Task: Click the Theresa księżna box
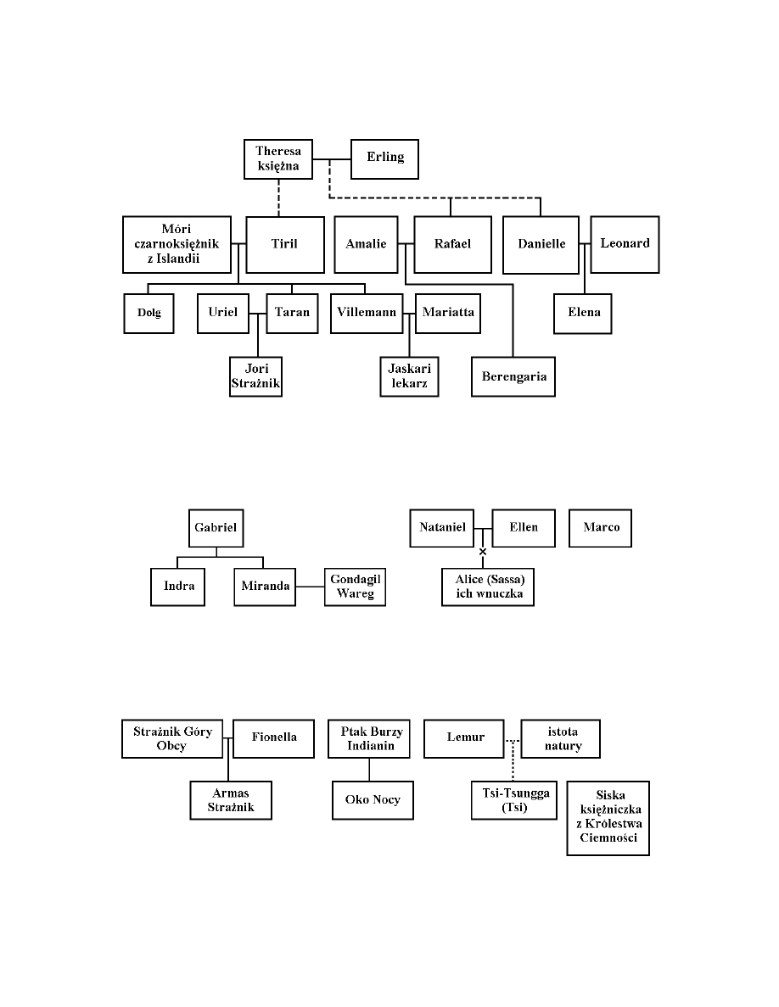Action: click(277, 159)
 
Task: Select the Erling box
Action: click(384, 159)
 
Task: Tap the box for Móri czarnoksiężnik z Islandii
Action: click(177, 244)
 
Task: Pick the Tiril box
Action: click(285, 245)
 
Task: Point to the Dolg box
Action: click(149, 313)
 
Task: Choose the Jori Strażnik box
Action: click(256, 376)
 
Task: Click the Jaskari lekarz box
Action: click(409, 376)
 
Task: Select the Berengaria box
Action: click(513, 376)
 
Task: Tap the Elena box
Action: click(583, 313)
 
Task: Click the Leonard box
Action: click(625, 243)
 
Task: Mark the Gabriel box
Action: click(216, 528)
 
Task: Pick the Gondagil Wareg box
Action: click(356, 587)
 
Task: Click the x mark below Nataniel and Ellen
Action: click(483, 552)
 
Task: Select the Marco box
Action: click(601, 528)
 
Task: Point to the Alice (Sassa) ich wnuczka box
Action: click(488, 587)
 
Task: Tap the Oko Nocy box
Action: click(373, 800)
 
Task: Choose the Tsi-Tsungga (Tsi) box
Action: click(511, 799)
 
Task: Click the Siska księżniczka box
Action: click(608, 818)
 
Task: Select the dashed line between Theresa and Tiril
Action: click(277, 198)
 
